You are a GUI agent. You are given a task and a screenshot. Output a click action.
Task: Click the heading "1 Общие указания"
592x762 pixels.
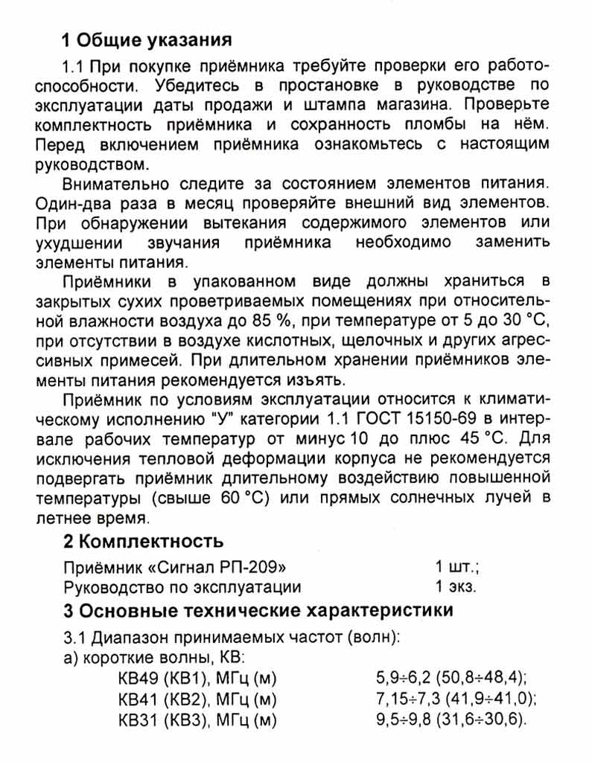[147, 39]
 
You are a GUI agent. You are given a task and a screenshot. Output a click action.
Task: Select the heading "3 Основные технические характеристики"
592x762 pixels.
[257, 611]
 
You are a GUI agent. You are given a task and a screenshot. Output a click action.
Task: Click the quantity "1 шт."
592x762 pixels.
[456, 567]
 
